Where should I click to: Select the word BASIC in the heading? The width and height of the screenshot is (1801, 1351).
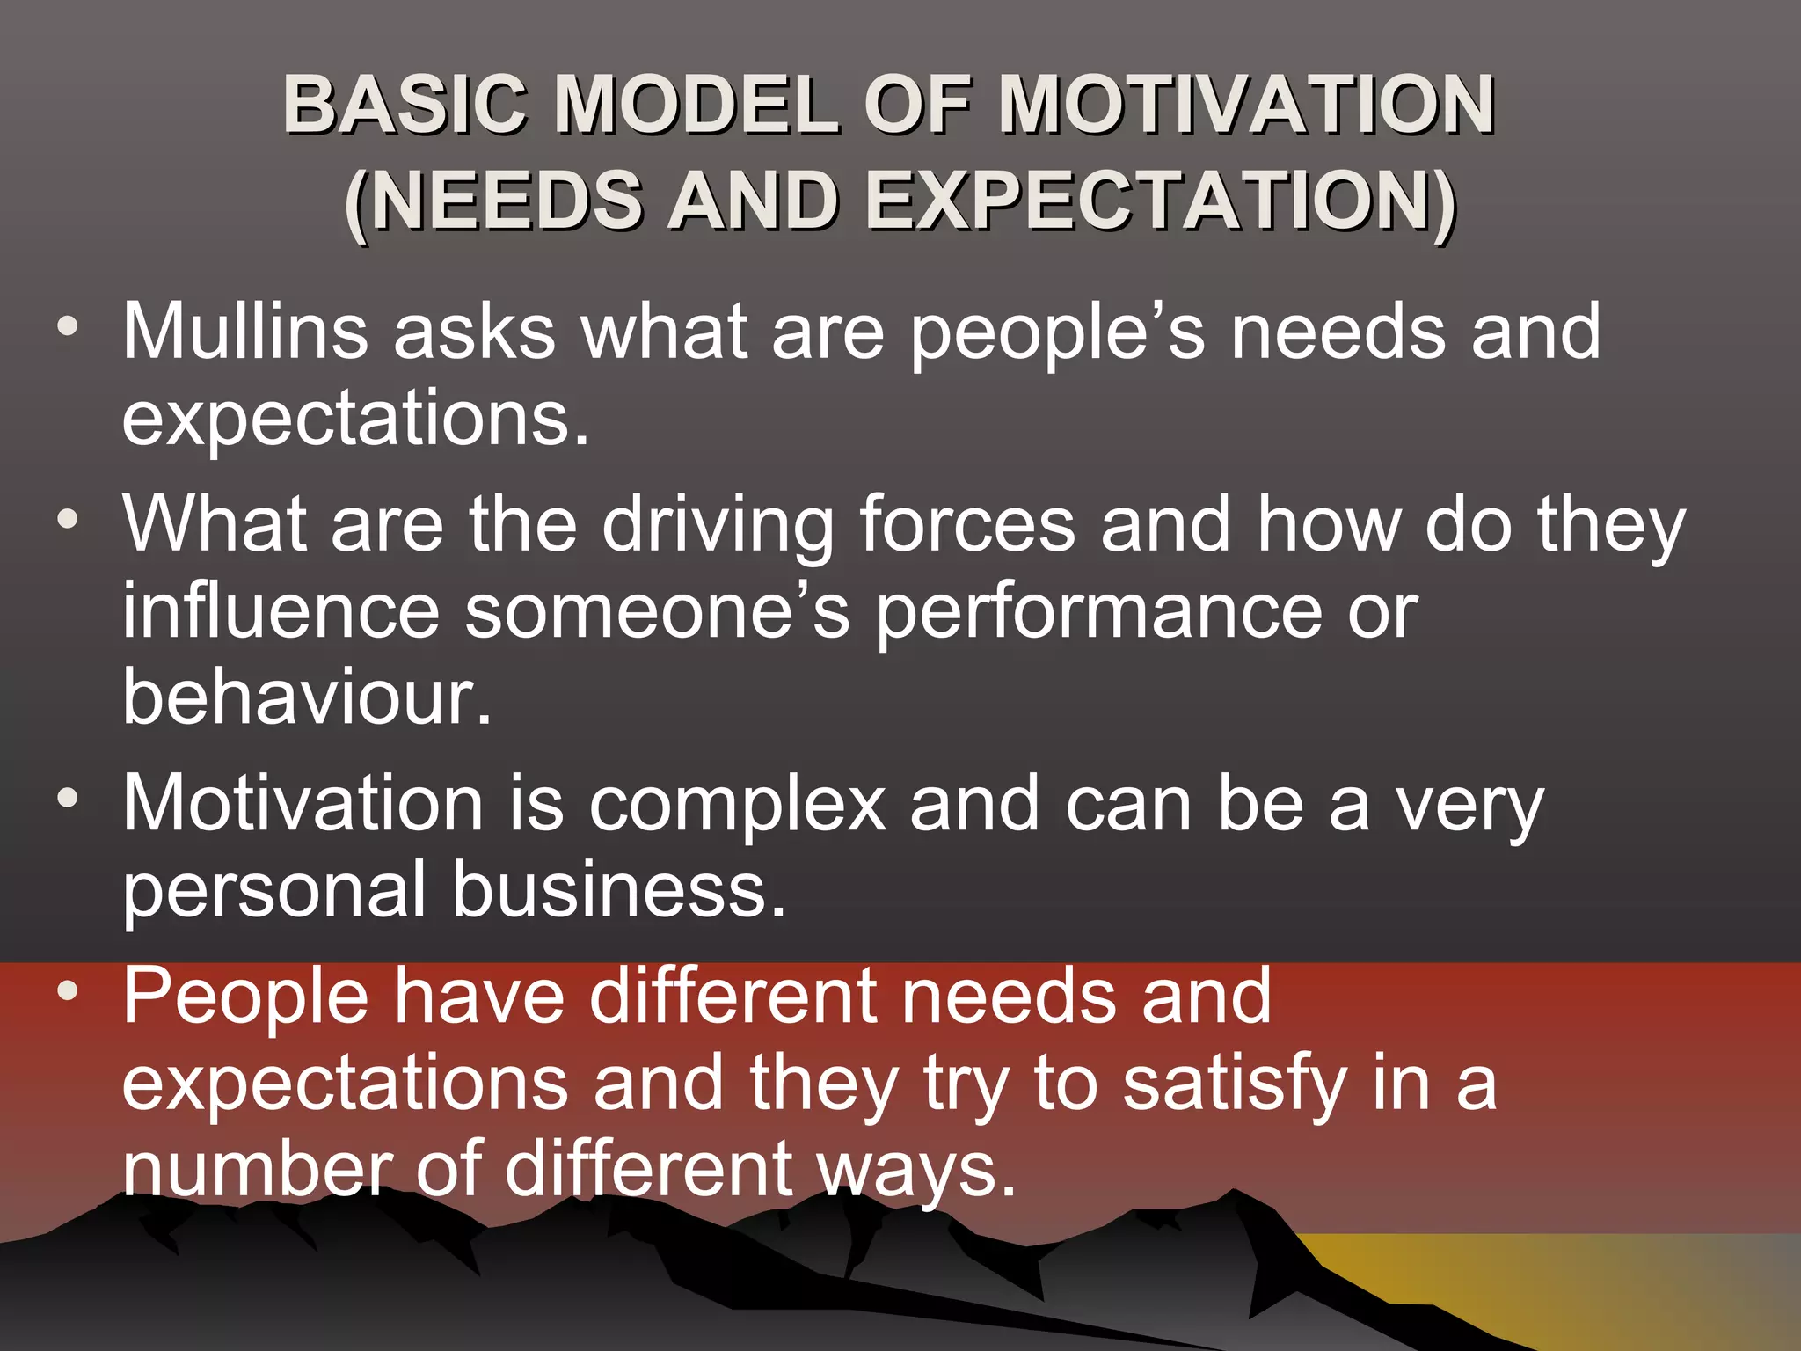405,105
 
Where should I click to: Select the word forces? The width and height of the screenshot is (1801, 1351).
966,524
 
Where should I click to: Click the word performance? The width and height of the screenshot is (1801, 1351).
1099,613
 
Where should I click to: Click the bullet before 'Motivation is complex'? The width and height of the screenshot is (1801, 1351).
68,799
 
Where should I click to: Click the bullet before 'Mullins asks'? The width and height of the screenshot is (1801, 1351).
68,327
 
